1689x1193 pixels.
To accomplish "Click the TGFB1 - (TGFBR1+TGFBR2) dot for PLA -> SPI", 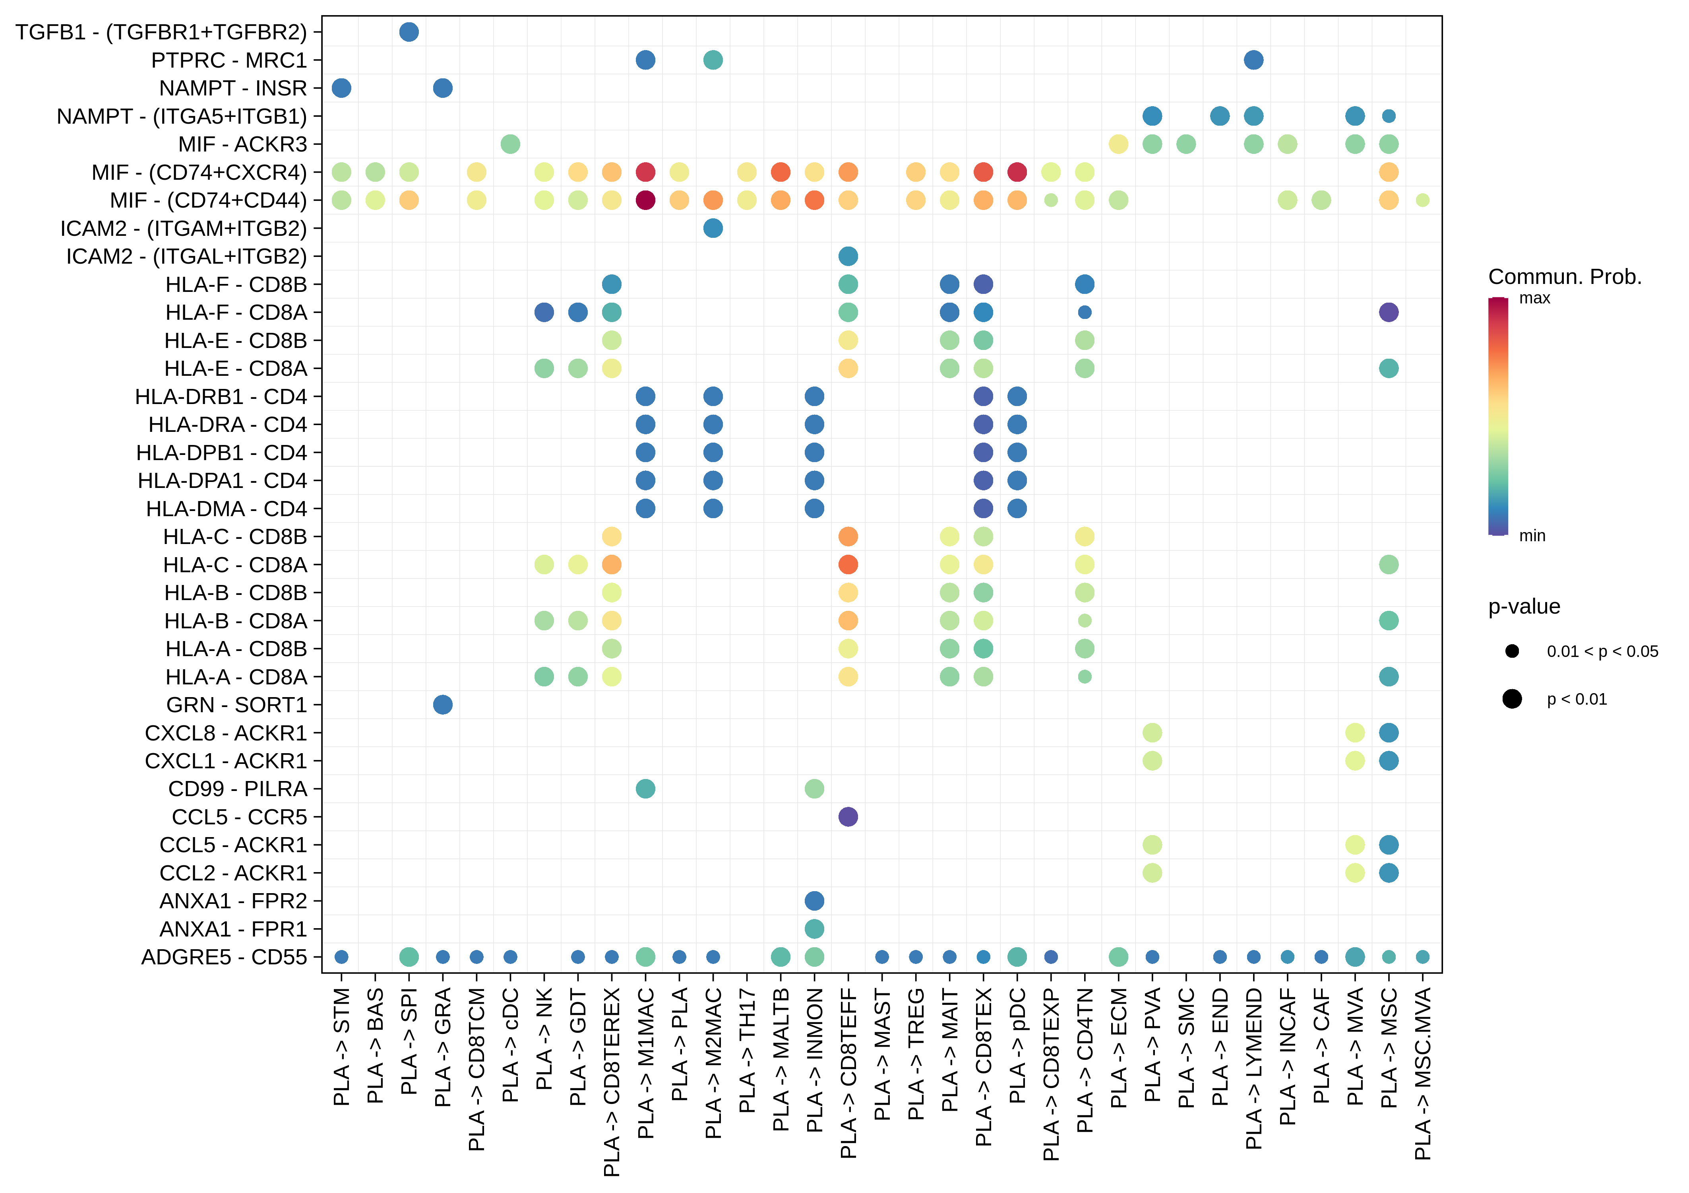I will tap(409, 32).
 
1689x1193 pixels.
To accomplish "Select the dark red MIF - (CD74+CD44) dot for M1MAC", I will tap(645, 200).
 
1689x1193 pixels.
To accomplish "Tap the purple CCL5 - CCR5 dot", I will tap(848, 817).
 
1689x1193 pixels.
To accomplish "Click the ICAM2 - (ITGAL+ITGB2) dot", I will tap(848, 256).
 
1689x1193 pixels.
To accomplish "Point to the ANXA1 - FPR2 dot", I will tap(814, 901).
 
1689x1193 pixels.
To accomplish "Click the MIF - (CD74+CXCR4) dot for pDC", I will tap(1017, 172).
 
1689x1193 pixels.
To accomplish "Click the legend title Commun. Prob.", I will tap(1565, 277).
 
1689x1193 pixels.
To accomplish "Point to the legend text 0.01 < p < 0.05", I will tap(1602, 651).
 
